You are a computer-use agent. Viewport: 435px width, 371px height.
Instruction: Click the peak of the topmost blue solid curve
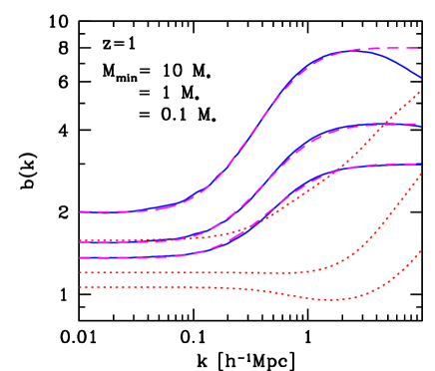pyautogui.click(x=358, y=50)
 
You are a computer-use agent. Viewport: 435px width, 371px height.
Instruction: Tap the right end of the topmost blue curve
pyautogui.click(x=421, y=78)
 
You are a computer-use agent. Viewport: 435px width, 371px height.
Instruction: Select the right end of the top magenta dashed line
pyautogui.click(x=419, y=48)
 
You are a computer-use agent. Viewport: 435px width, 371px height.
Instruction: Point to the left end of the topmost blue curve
pyautogui.click(x=81, y=211)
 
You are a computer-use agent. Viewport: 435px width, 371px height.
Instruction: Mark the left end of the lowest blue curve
pyautogui.click(x=81, y=257)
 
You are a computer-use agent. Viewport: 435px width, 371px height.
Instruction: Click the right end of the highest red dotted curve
pyautogui.click(x=420, y=92)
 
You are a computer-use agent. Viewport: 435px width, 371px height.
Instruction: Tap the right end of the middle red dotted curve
pyautogui.click(x=420, y=174)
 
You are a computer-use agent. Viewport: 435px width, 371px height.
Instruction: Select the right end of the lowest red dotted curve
pyautogui.click(x=420, y=250)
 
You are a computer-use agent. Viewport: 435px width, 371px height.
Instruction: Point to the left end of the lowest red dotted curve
pyautogui.click(x=81, y=286)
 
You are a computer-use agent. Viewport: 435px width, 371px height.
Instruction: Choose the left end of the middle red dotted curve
pyautogui.click(x=81, y=272)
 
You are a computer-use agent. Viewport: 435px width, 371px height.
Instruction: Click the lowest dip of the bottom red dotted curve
pyautogui.click(x=331, y=299)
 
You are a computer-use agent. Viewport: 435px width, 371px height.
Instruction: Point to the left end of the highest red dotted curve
pyautogui.click(x=81, y=238)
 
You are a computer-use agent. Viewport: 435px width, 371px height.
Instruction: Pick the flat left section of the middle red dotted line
pyautogui.click(x=180, y=272)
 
